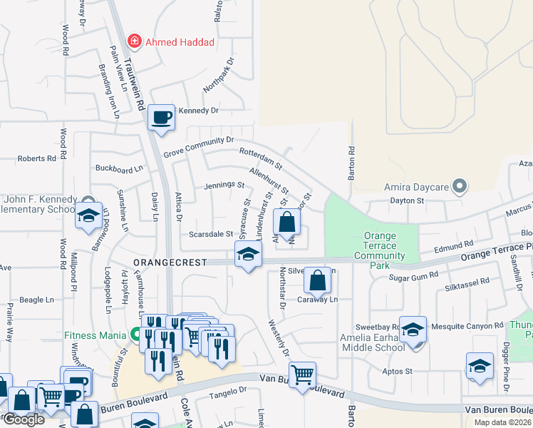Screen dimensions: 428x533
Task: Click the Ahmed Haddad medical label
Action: click(x=180, y=42)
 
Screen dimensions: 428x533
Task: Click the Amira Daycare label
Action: click(x=415, y=188)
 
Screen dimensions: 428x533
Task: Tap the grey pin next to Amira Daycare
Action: click(x=460, y=188)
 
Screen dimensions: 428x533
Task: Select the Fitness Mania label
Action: click(x=90, y=334)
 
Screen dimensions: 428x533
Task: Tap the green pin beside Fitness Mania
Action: click(x=133, y=334)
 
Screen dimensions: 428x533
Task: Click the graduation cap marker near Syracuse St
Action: click(x=247, y=255)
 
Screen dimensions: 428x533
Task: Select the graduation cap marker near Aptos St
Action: click(x=480, y=366)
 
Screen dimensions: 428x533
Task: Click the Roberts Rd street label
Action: click(x=36, y=158)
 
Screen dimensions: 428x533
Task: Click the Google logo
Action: click(x=23, y=419)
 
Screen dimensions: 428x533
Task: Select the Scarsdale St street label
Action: click(x=210, y=234)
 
